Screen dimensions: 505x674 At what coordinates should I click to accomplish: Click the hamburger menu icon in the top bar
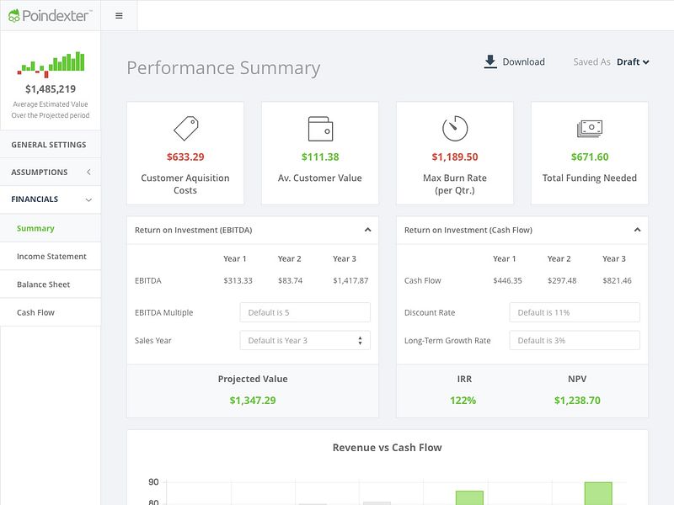click(119, 15)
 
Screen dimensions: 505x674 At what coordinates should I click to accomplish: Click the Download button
click(514, 61)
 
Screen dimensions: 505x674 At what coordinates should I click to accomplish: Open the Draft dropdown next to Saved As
click(633, 61)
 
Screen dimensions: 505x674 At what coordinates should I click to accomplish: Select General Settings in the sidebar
click(49, 145)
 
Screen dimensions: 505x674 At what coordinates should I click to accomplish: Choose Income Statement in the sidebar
click(51, 257)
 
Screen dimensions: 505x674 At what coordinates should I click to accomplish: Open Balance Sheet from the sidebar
click(43, 284)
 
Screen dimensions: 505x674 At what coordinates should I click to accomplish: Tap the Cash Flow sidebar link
click(35, 312)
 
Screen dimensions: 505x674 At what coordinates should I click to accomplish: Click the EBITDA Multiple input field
click(305, 312)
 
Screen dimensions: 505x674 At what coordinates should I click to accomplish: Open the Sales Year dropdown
click(305, 340)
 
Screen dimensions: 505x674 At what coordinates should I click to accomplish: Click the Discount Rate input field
click(575, 312)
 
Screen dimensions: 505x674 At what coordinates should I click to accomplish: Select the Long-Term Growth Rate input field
click(575, 340)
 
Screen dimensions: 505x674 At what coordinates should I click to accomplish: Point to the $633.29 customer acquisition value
click(185, 157)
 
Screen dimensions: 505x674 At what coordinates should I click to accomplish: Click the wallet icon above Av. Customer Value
click(320, 129)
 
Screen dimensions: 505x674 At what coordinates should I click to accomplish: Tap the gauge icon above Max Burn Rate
click(455, 129)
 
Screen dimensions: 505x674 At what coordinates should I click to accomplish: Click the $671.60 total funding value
click(590, 157)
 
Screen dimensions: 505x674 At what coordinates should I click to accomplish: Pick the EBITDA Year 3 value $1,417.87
click(350, 280)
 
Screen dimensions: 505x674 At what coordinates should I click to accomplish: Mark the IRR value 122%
click(463, 401)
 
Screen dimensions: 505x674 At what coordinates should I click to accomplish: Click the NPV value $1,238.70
click(577, 401)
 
